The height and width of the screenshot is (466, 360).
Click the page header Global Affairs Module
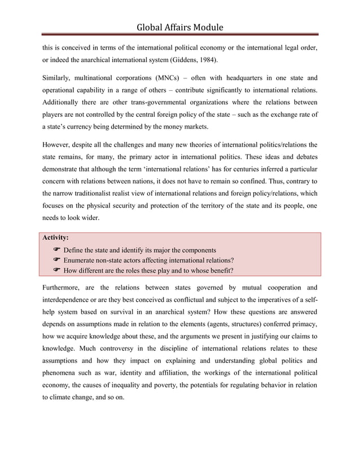tap(179, 27)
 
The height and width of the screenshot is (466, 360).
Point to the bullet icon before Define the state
tap(56, 249)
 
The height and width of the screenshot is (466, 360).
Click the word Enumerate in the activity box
tap(84, 260)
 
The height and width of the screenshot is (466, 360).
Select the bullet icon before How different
tap(56, 270)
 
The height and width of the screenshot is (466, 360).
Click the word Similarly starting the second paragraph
tap(60, 77)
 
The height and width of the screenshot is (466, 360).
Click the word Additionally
tap(65, 102)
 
